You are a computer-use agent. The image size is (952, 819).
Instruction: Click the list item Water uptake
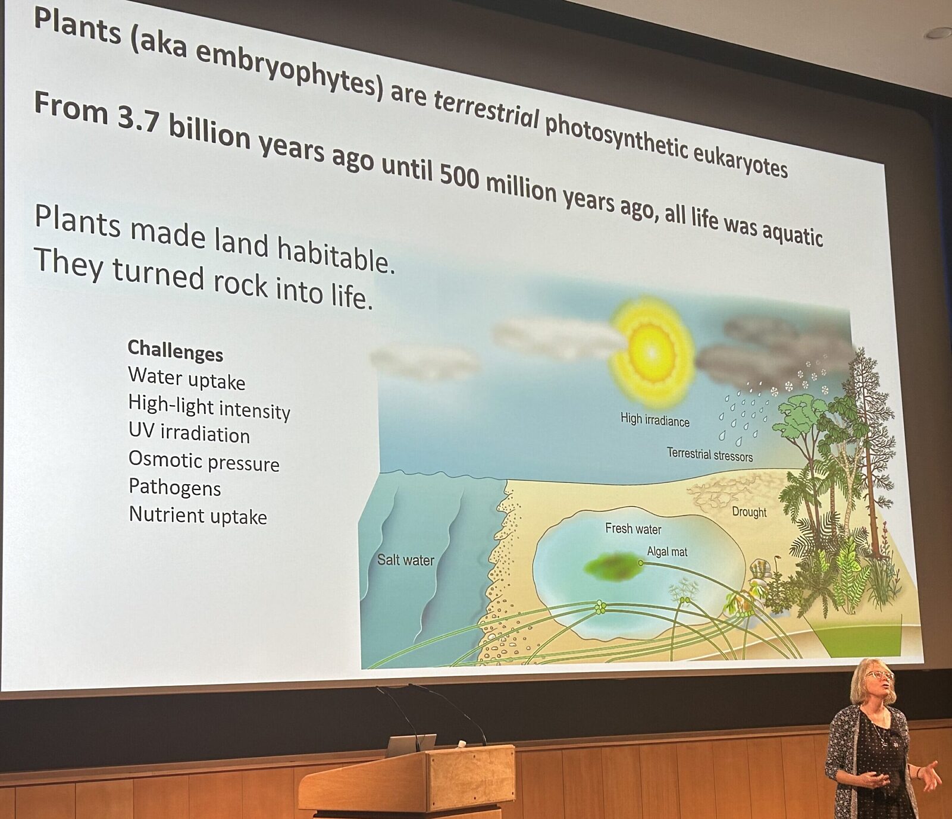point(186,379)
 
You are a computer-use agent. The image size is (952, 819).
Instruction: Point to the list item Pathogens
point(175,487)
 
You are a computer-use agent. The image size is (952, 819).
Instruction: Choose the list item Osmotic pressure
point(204,461)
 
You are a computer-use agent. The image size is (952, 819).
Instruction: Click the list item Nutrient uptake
point(198,515)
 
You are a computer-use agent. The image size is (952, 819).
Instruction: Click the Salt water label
point(406,560)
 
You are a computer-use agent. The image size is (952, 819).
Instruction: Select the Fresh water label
point(633,529)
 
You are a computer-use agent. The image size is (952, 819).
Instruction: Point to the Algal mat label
point(667,552)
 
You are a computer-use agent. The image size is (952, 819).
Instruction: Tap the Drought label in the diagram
point(749,512)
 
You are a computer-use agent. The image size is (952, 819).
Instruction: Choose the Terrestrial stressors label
point(710,455)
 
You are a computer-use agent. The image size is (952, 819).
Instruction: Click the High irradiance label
point(655,421)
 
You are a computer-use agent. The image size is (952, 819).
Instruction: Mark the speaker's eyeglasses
point(880,675)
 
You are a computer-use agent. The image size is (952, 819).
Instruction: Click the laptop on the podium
point(411,745)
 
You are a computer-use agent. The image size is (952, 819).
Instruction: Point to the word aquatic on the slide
point(793,234)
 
